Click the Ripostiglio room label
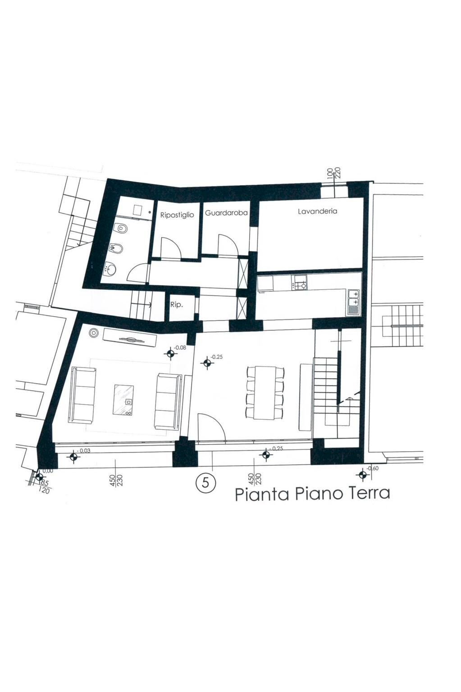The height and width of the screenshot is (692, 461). pos(177,215)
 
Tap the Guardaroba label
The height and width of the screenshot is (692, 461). pos(226,213)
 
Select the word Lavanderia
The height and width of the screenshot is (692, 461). pos(317,211)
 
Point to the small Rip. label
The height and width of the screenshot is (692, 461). pos(176,305)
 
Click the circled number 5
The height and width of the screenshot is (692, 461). pos(205,483)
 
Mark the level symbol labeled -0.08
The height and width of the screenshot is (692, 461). pos(170,353)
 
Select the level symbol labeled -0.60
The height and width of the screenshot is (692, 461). pos(362,474)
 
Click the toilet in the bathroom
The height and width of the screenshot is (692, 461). pos(120,229)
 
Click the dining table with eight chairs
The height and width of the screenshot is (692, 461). pos(265,392)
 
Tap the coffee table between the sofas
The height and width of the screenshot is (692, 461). pos(123,399)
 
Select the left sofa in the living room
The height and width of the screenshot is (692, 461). pos(82,395)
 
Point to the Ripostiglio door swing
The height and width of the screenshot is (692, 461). pos(170,248)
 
